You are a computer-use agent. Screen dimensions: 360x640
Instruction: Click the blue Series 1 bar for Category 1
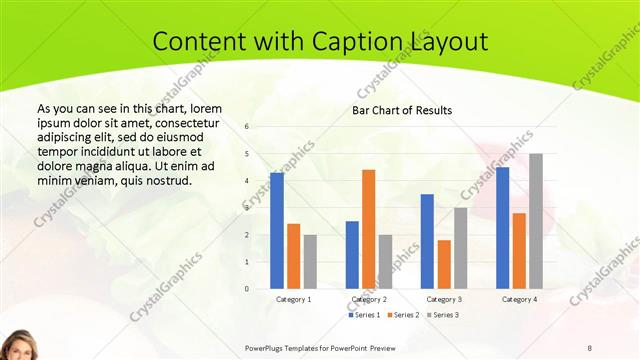pyautogui.click(x=277, y=230)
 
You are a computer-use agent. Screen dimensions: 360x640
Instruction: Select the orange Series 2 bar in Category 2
pyautogui.click(x=369, y=229)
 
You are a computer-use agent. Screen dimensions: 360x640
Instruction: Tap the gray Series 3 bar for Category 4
pyautogui.click(x=536, y=221)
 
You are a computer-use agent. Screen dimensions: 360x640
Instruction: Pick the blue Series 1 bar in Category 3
pyautogui.click(x=427, y=241)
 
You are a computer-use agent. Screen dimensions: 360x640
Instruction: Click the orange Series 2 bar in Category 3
pyautogui.click(x=444, y=264)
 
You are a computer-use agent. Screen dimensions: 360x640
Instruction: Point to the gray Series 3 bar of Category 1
pyautogui.click(x=310, y=261)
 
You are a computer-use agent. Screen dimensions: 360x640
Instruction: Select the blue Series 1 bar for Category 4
pyautogui.click(x=502, y=227)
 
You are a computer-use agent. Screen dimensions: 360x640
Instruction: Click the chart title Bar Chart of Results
pyautogui.click(x=401, y=110)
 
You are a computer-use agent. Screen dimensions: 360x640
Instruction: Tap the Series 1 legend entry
pyautogui.click(x=365, y=315)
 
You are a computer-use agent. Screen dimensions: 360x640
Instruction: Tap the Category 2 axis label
pyautogui.click(x=369, y=299)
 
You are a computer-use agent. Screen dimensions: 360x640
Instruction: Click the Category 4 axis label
pyautogui.click(x=519, y=299)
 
